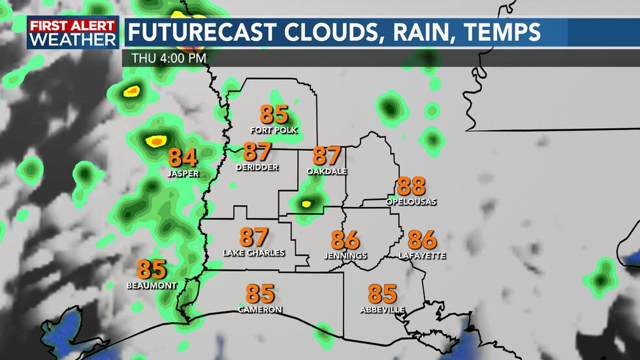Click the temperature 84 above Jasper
183,158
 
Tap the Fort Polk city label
274,130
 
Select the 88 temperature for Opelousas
411,187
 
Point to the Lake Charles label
254,253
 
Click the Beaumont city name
152,286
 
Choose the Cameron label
260,309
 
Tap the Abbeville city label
382,309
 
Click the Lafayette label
422,255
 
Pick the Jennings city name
345,255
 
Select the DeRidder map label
257,167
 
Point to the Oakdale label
327,171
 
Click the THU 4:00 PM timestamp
169,57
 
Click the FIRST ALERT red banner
72,25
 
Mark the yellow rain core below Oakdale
305,204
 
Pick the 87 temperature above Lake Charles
254,237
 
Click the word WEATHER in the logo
72,39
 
